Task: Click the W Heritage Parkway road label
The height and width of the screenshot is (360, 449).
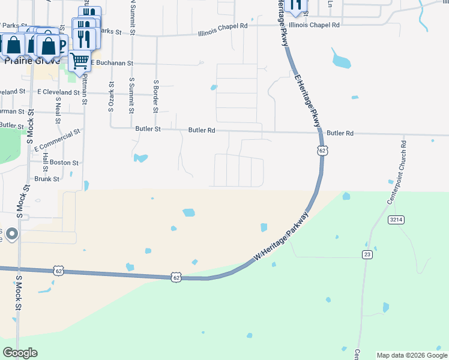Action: [x=282, y=235]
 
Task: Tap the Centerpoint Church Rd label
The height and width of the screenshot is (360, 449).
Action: [x=397, y=172]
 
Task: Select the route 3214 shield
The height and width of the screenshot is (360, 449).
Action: [x=396, y=220]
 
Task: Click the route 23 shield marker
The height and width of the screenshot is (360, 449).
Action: [x=367, y=254]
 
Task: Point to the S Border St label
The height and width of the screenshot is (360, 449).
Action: [x=155, y=96]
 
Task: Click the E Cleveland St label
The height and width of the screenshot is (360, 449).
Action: [x=58, y=92]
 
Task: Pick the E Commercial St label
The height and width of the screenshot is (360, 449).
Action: [x=57, y=140]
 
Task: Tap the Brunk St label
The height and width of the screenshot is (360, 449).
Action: [x=47, y=179]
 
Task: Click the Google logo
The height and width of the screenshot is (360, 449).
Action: [x=20, y=352]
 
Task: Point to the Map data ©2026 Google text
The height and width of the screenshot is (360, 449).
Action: [x=412, y=355]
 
